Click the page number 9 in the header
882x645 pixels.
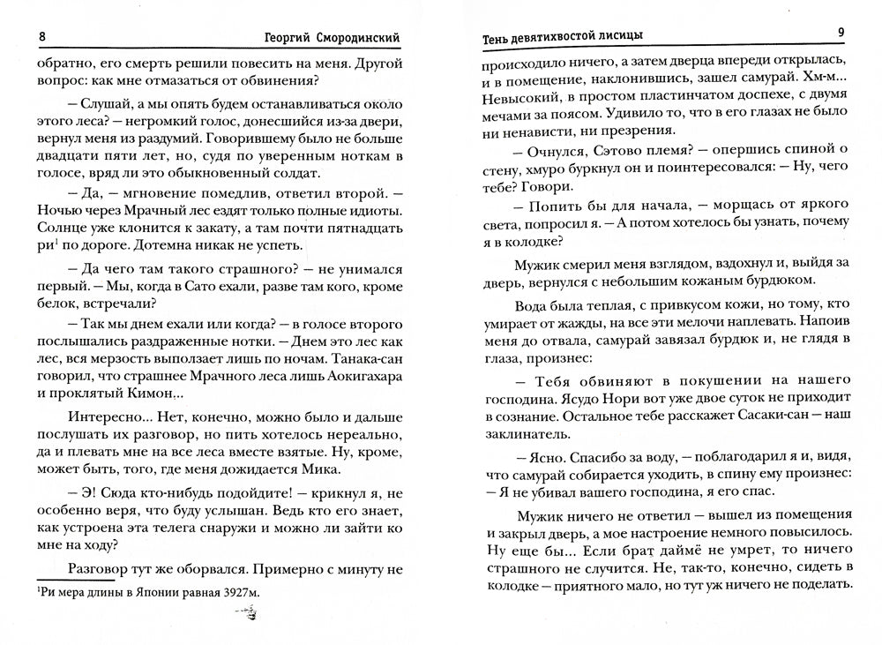(841, 34)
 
